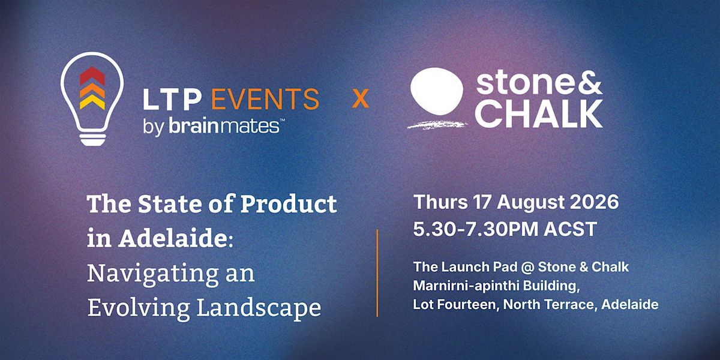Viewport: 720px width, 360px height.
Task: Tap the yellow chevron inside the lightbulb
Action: pyautogui.click(x=92, y=102)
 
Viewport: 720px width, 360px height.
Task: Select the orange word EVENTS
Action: pyautogui.click(x=265, y=99)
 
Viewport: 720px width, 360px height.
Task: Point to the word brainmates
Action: pyautogui.click(x=224, y=126)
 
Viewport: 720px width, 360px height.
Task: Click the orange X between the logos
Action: pyautogui.click(x=361, y=99)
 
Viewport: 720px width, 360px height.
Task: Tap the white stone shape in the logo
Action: pyautogui.click(x=437, y=91)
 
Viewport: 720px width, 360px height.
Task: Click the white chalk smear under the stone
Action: pyautogui.click(x=437, y=124)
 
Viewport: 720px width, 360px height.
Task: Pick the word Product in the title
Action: pyautogui.click(x=289, y=204)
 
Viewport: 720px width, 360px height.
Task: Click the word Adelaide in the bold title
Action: pyautogui.click(x=173, y=238)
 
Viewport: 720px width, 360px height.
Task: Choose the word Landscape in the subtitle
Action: pyautogui.click(x=259, y=308)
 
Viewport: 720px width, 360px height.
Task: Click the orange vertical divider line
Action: pyautogui.click(x=377, y=273)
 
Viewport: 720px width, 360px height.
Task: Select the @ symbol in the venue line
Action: pyautogui.click(x=527, y=267)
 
